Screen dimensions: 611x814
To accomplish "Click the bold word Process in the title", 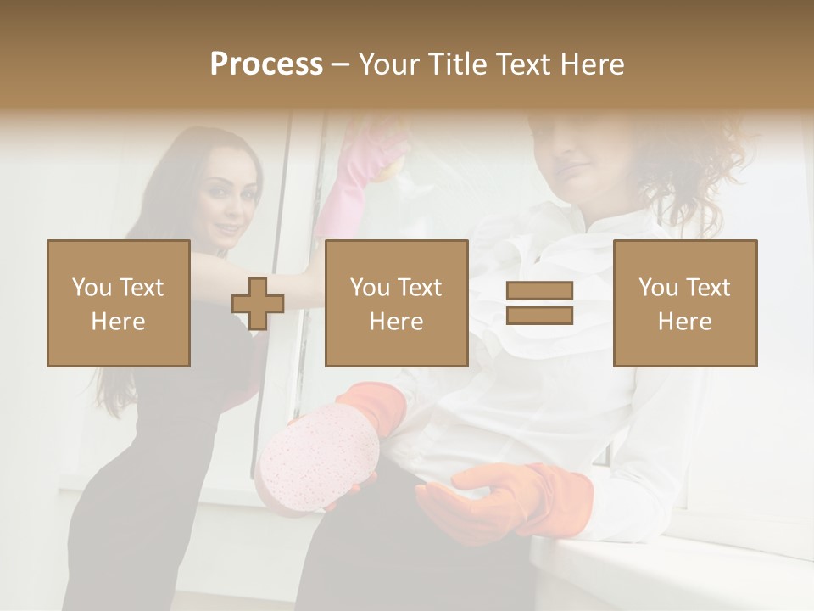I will coord(266,64).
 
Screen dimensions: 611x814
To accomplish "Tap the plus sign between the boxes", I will coord(258,303).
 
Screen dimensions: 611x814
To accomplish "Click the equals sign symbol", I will coord(539,303).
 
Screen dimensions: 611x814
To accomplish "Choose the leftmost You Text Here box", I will coord(119,303).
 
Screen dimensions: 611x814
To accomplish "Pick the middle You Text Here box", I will coord(397,303).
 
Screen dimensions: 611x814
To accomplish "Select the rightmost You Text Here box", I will coord(685,303).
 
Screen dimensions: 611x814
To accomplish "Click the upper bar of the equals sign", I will coord(539,291).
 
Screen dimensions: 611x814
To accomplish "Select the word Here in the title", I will coord(591,64).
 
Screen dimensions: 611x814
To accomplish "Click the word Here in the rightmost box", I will coord(685,322).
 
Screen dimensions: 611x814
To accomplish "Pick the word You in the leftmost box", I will coord(91,288).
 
